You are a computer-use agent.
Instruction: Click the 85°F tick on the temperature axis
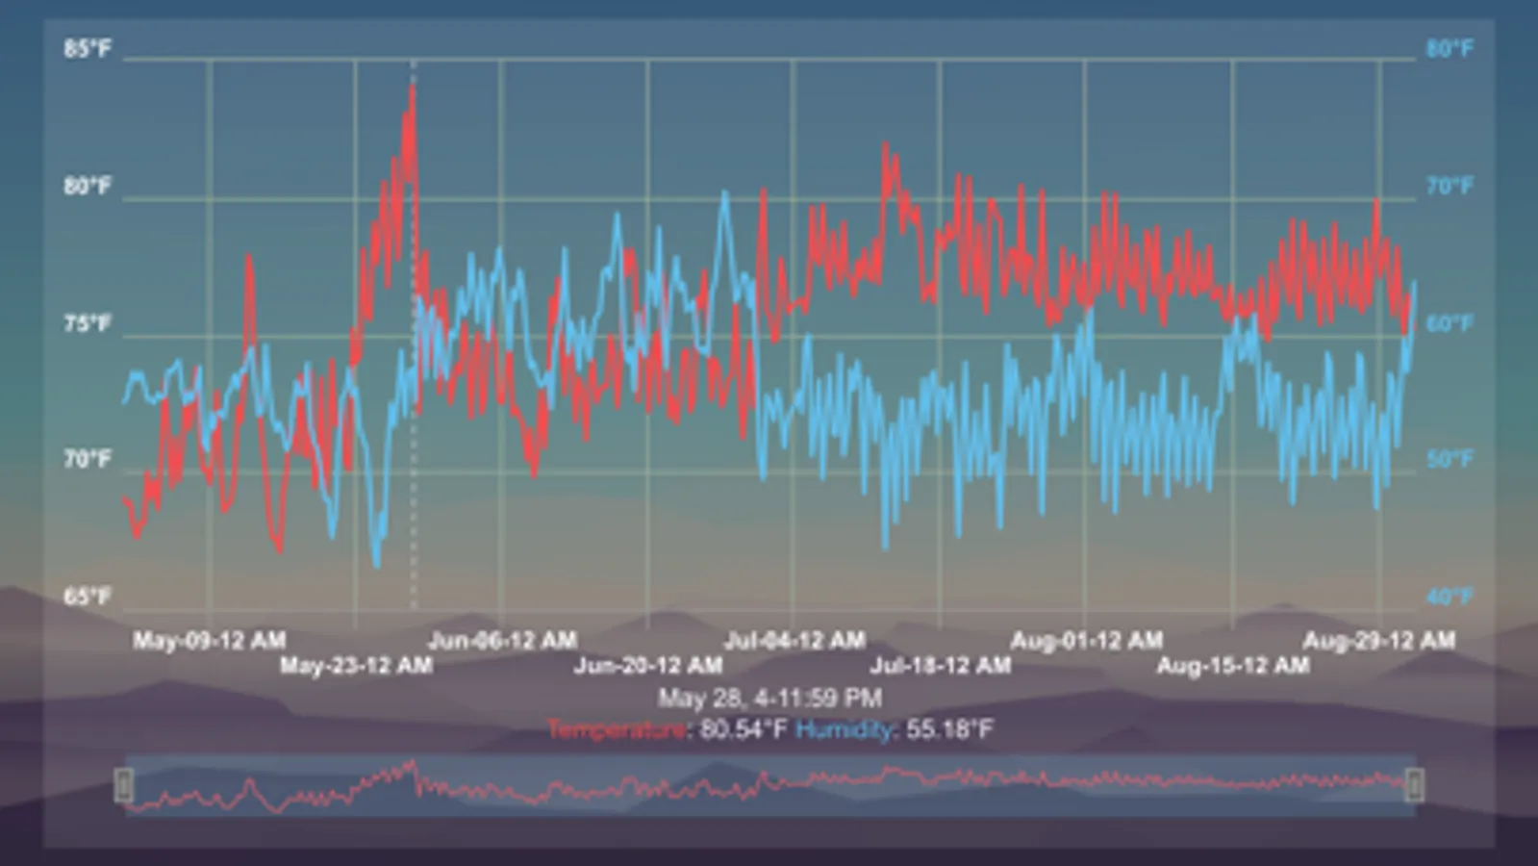pyautogui.click(x=88, y=48)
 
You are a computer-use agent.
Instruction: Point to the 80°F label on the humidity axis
pyautogui.click(x=1449, y=48)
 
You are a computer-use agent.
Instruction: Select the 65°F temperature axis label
pyautogui.click(x=88, y=597)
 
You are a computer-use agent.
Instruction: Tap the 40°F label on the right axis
pyautogui.click(x=1449, y=597)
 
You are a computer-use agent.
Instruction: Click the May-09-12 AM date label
pyautogui.click(x=209, y=640)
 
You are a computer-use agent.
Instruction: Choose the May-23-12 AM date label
pyautogui.click(x=356, y=665)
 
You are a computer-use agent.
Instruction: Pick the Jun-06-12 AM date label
pyautogui.click(x=502, y=640)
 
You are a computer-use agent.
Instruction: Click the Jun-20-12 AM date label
pyautogui.click(x=648, y=665)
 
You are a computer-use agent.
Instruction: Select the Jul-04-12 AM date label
pyautogui.click(x=794, y=640)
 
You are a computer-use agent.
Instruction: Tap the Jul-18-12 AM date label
pyautogui.click(x=941, y=665)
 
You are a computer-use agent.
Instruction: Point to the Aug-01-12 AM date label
pyautogui.click(x=1086, y=640)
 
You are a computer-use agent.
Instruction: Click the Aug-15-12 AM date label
pyautogui.click(x=1232, y=665)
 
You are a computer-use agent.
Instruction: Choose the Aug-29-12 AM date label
pyautogui.click(x=1378, y=640)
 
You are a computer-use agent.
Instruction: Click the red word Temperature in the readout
pyautogui.click(x=618, y=729)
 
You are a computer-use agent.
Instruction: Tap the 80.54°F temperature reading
pyautogui.click(x=744, y=729)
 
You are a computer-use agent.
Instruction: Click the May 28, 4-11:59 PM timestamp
pyautogui.click(x=769, y=698)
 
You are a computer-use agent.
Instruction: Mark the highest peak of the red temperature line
pyautogui.click(x=413, y=87)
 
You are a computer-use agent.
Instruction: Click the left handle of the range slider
pyautogui.click(x=124, y=785)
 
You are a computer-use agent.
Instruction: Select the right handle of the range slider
pyautogui.click(x=1414, y=785)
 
